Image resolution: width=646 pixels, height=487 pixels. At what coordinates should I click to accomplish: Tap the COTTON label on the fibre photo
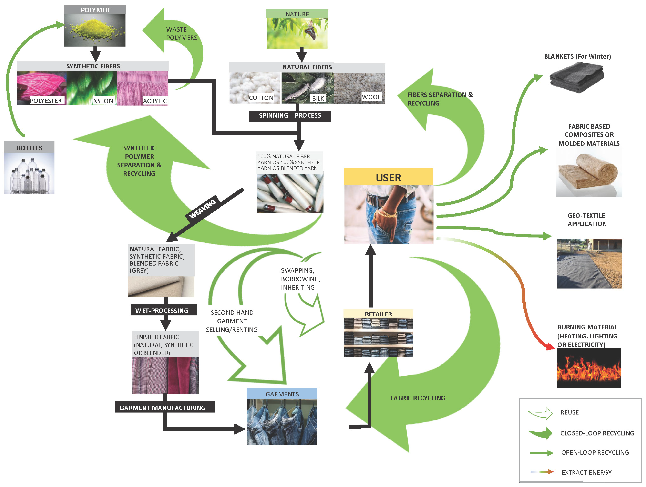point(261,98)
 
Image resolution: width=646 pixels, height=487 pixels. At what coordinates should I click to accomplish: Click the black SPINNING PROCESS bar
point(289,116)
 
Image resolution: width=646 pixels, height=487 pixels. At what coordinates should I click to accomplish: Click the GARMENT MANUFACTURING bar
point(165,407)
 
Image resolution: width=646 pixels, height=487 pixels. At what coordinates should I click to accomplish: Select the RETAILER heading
point(378,314)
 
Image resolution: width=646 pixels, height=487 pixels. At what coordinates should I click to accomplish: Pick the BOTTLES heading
point(29,148)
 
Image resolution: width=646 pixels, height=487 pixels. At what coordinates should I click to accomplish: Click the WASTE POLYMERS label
point(181,34)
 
